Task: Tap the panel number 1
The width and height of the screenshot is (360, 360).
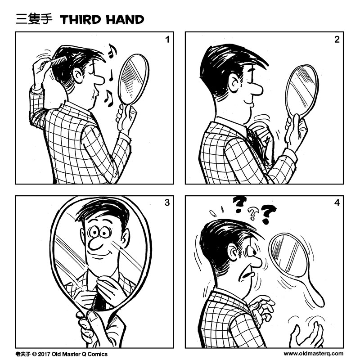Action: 167,40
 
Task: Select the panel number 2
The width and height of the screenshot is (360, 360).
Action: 337,40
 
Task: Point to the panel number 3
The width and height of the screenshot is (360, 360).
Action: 167,202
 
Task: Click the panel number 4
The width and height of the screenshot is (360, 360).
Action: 337,202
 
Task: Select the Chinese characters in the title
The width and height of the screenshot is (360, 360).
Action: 34,19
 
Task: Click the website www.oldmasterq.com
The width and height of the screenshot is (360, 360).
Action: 313,354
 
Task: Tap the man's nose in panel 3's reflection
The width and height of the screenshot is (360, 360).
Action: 94,243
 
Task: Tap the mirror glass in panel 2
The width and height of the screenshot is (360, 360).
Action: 301,90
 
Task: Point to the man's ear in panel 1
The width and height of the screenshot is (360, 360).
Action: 78,75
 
